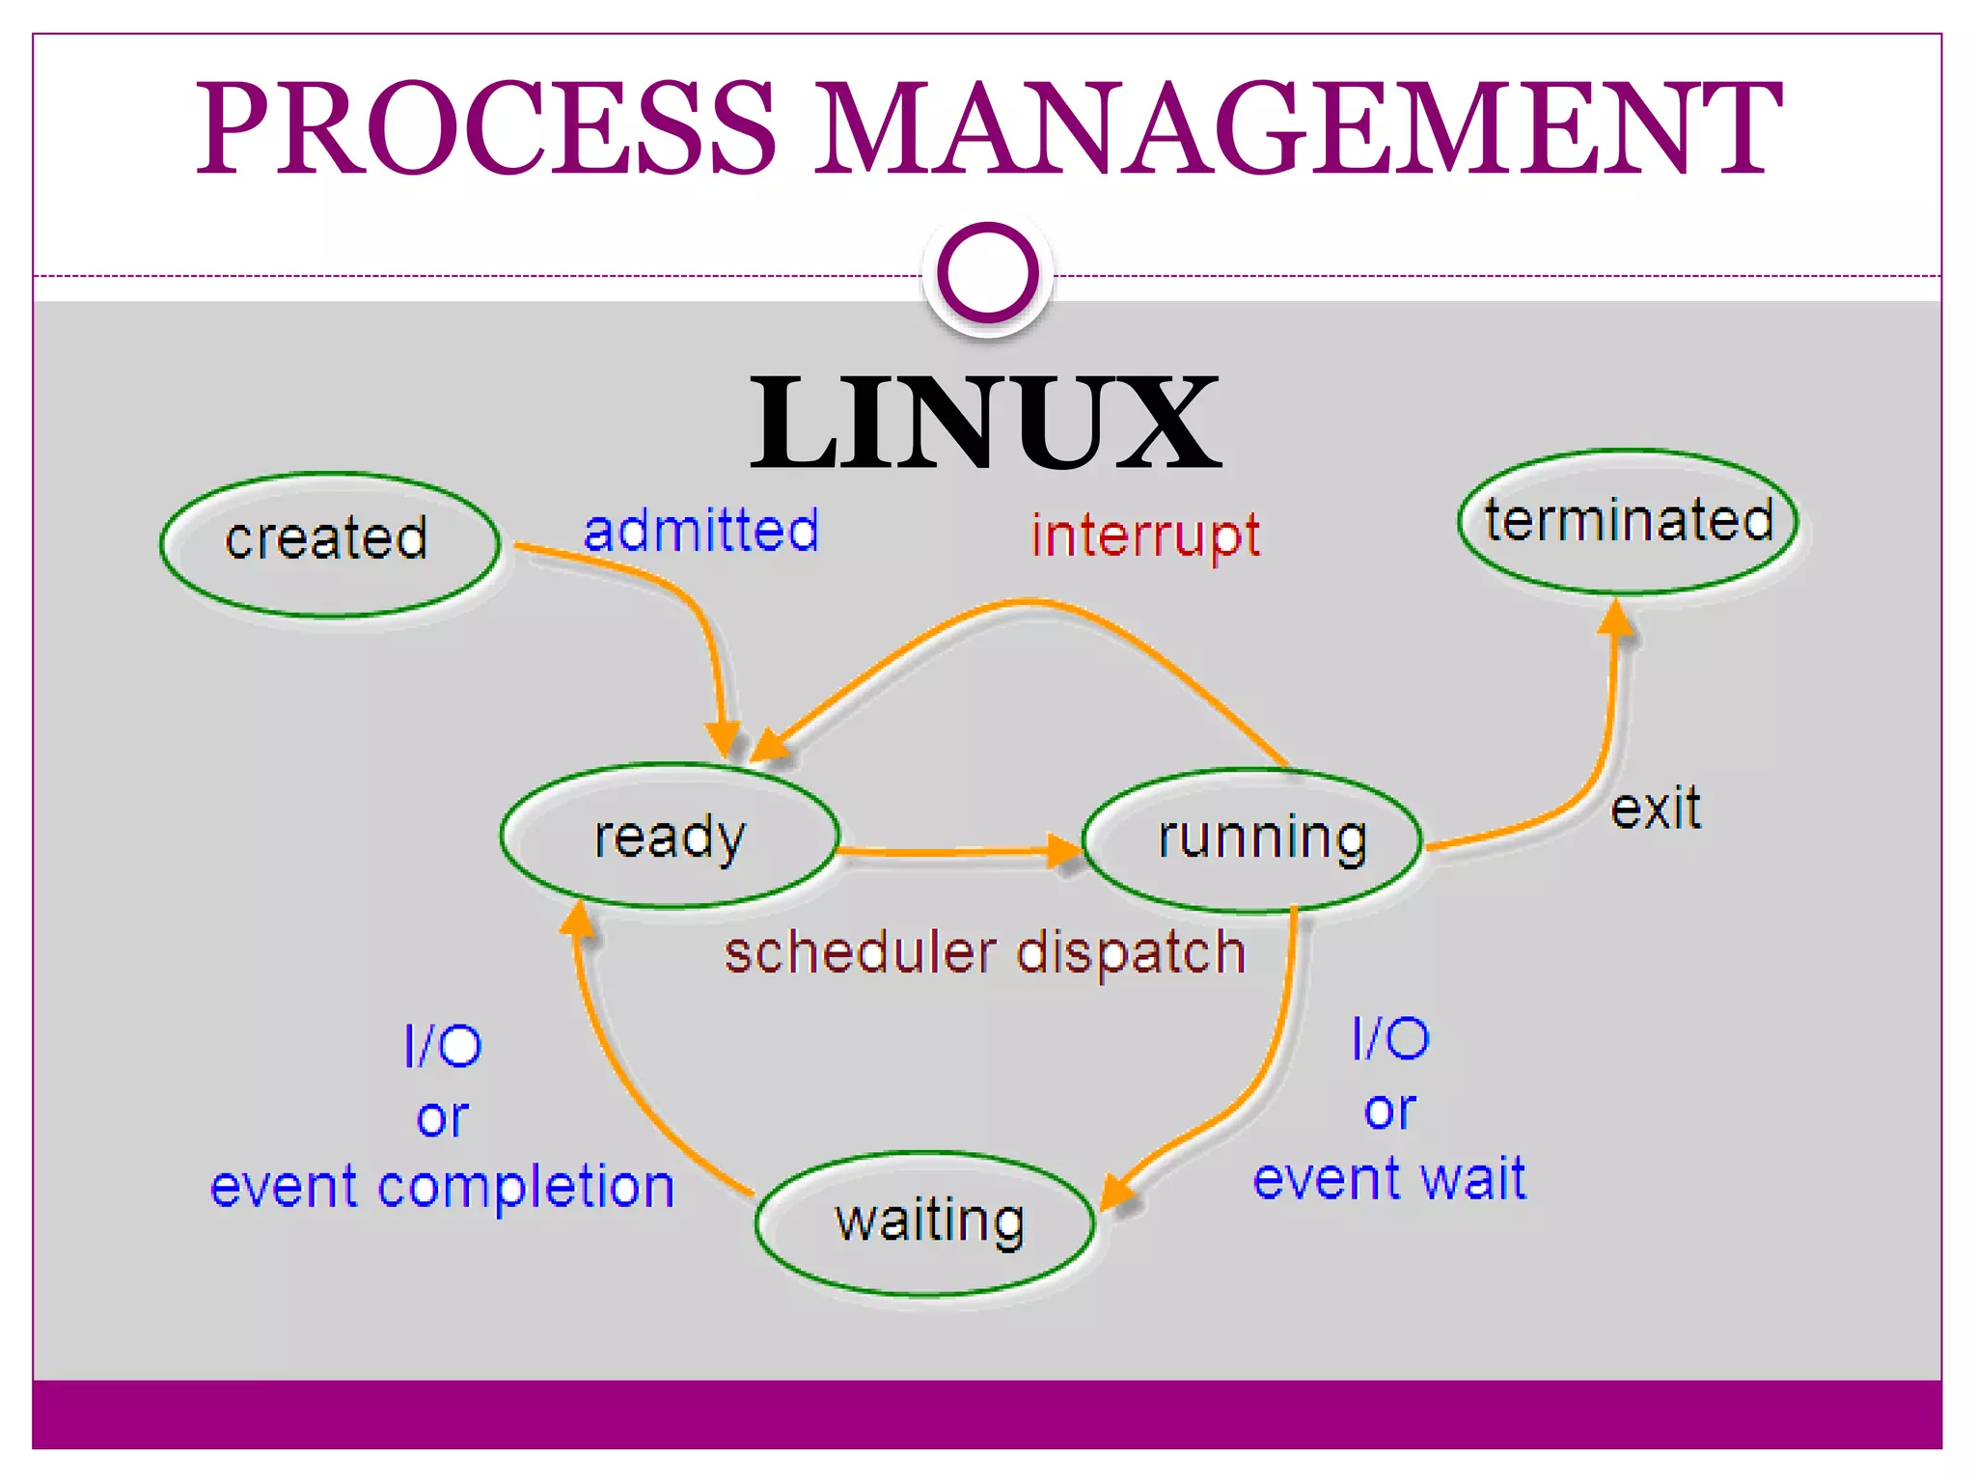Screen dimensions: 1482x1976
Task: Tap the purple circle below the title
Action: tap(987, 273)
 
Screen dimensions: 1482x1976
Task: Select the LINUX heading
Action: tap(985, 424)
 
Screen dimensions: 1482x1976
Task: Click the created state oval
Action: tap(330, 544)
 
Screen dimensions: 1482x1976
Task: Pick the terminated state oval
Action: tap(1628, 521)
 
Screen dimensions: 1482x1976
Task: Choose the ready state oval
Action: tap(670, 836)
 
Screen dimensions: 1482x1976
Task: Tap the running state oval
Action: tap(1252, 839)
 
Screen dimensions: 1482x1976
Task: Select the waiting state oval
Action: tap(926, 1222)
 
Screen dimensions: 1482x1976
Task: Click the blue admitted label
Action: tap(701, 530)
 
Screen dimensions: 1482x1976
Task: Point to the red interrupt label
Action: tap(1145, 535)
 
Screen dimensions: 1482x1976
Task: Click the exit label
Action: tap(1655, 809)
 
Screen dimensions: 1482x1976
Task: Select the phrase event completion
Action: tap(442, 1188)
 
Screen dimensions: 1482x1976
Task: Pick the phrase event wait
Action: tap(1389, 1179)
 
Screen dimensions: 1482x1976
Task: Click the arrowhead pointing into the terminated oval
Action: tap(1616, 617)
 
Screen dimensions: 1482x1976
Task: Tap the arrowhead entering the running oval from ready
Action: tap(1065, 851)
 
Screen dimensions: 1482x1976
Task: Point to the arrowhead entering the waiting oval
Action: tap(1117, 1192)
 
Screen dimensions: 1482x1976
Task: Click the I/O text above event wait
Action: tap(1390, 1039)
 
